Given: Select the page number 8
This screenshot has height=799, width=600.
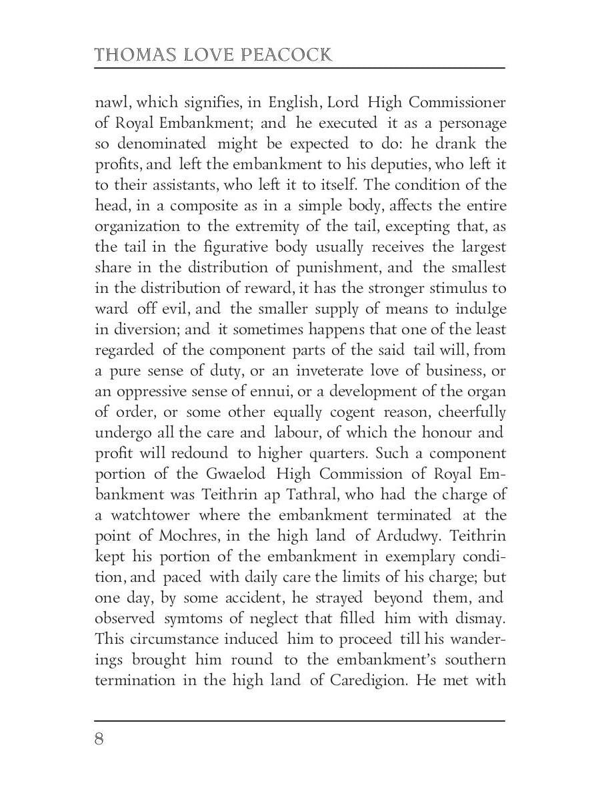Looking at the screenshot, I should point(100,740).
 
